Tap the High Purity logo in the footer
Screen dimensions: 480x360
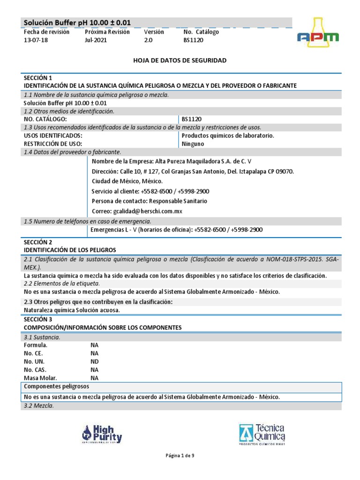click(x=102, y=434)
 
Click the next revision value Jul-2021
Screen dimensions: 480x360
click(x=96, y=40)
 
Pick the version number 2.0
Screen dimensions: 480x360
click(x=149, y=40)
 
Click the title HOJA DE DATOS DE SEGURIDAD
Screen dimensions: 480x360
click(x=180, y=60)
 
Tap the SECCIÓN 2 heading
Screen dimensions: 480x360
click(x=38, y=242)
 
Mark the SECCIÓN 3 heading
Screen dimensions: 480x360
click(x=38, y=319)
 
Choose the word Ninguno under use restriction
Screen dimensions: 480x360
click(x=193, y=144)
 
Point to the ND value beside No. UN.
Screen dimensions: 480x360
click(x=95, y=361)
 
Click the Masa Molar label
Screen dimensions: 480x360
click(x=40, y=378)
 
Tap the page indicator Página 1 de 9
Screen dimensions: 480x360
click(x=180, y=456)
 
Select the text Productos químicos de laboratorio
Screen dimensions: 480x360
click(x=228, y=135)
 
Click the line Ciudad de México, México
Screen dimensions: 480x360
click(x=127, y=181)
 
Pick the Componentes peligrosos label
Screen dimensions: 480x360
click(x=57, y=386)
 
